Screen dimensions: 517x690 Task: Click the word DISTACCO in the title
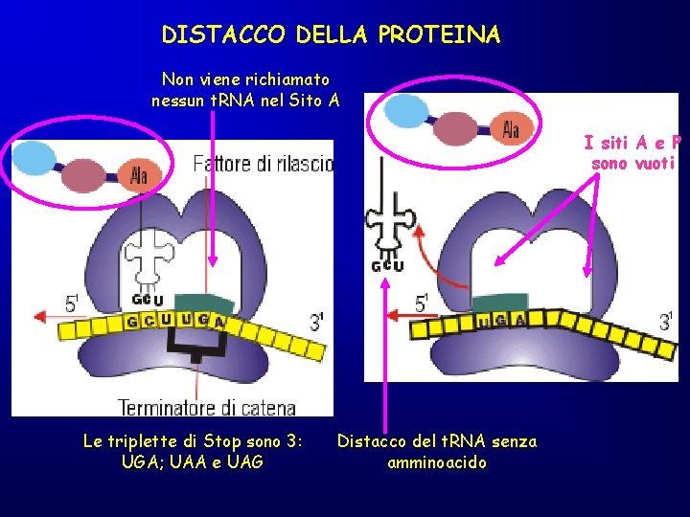click(223, 35)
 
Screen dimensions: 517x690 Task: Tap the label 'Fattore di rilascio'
click(263, 164)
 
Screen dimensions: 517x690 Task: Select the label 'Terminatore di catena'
click(207, 407)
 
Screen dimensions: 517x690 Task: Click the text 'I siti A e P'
click(633, 144)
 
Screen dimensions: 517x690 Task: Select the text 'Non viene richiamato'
click(245, 79)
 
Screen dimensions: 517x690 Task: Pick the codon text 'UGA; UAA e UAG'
click(193, 462)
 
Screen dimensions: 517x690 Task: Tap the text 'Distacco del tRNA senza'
click(436, 441)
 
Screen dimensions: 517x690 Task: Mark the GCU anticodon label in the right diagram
click(386, 265)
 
